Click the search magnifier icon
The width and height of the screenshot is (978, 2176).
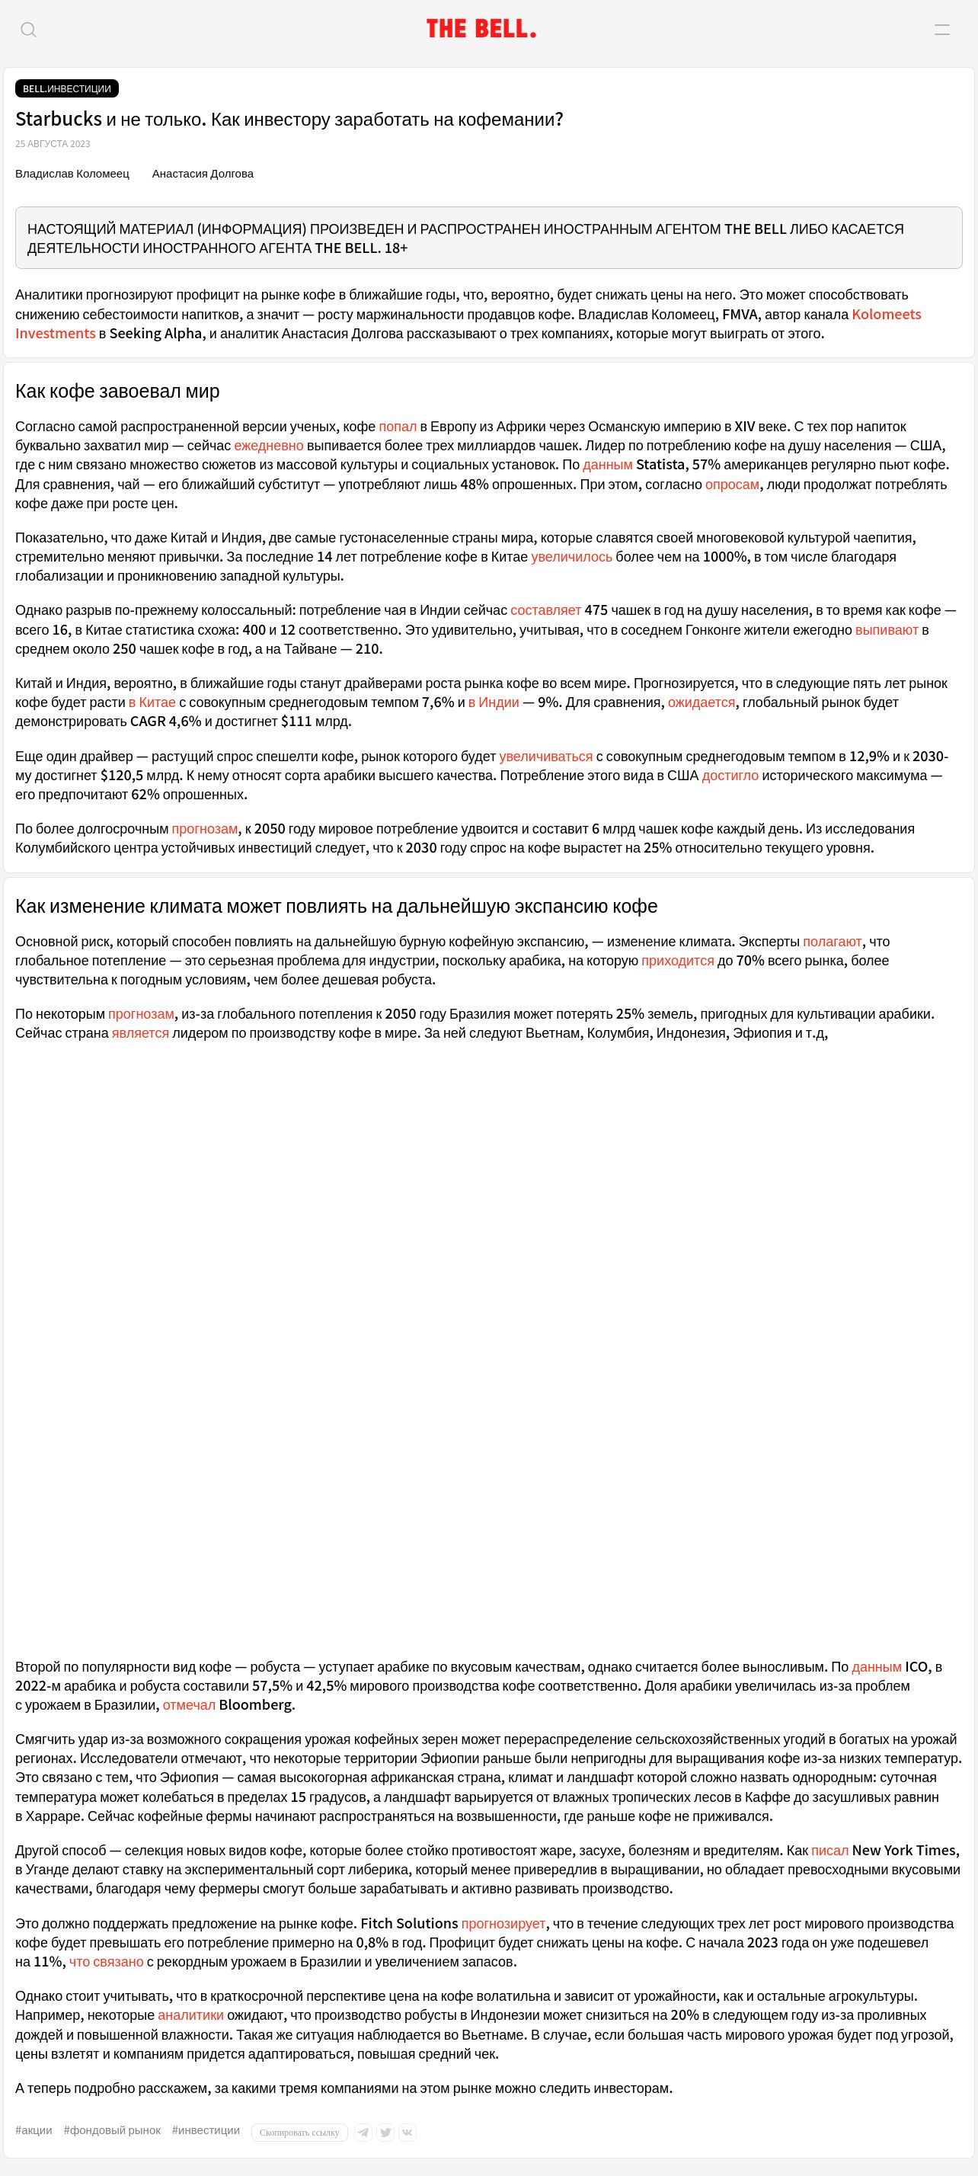coord(29,30)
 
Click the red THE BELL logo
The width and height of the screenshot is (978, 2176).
coord(481,30)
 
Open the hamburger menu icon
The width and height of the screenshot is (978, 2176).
coord(941,30)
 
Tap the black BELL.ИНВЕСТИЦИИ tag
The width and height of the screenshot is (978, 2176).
coord(67,88)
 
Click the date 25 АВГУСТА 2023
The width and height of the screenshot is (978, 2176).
coord(53,143)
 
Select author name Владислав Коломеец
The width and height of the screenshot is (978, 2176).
coord(72,174)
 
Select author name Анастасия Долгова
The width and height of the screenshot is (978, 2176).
coord(203,174)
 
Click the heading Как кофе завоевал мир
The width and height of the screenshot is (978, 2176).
coord(117,391)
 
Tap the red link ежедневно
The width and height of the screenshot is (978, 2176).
coord(269,446)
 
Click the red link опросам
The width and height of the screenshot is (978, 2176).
coord(731,485)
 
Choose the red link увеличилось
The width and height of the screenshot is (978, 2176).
coord(571,558)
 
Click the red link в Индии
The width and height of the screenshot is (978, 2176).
coord(494,702)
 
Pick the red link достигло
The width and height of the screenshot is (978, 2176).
coord(730,776)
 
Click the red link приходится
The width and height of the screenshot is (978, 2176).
coord(677,961)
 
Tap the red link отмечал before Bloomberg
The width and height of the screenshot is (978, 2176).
coord(188,1704)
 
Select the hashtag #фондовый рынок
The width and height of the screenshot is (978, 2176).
coord(112,2130)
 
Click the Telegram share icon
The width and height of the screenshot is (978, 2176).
coord(363,2133)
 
